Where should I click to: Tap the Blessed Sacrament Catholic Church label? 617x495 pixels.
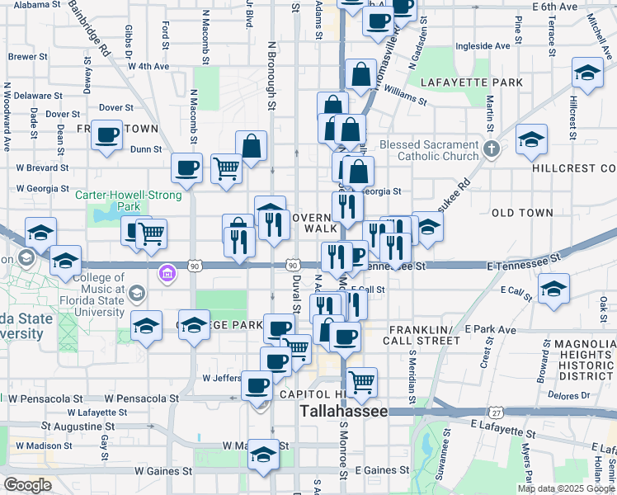[x=429, y=150]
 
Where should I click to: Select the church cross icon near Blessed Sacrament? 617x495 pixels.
[x=492, y=149]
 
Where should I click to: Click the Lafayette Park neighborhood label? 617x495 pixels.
[x=472, y=82]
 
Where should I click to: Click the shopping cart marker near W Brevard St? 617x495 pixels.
[x=226, y=168]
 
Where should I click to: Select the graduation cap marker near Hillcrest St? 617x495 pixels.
[x=586, y=73]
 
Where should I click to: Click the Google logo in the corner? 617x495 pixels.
[x=27, y=485]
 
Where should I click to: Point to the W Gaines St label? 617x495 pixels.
[x=163, y=471]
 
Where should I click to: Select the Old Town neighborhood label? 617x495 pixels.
[x=522, y=213]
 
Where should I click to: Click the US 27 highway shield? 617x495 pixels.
[x=495, y=412]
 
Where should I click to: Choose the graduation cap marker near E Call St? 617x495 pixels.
[x=553, y=287]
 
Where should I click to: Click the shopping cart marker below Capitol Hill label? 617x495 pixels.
[x=361, y=381]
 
